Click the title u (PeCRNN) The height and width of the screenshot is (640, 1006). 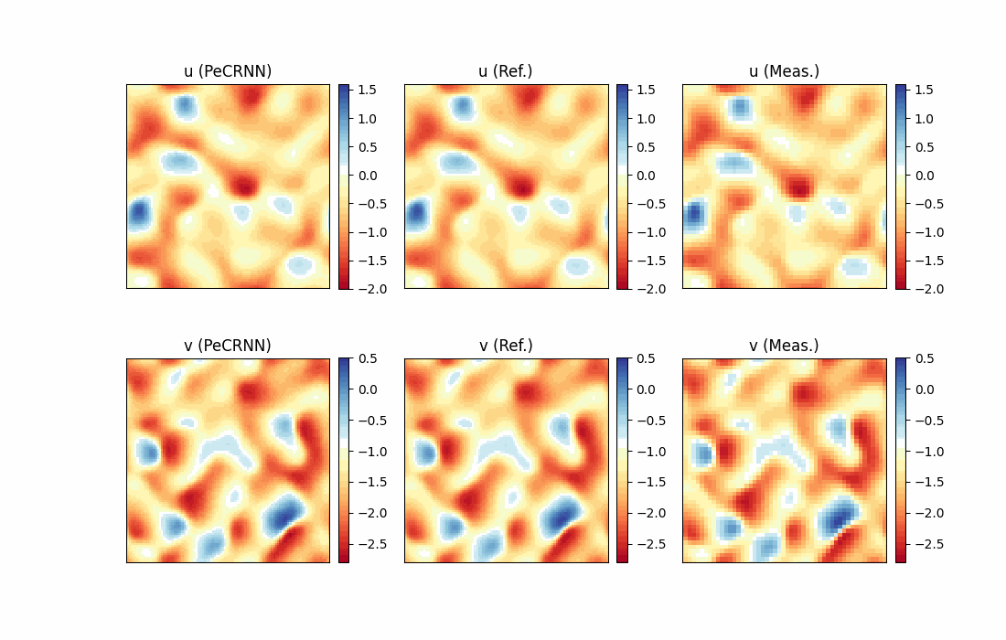point(228,71)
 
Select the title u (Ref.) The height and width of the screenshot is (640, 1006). point(506,71)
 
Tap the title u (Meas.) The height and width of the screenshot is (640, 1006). point(784,71)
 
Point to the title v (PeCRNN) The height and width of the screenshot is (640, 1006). point(228,346)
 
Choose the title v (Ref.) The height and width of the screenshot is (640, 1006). point(506,346)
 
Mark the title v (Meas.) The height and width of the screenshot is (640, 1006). point(784,346)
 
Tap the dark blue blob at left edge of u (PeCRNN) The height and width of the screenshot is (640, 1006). point(138,214)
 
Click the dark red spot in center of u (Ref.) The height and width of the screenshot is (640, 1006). point(521,187)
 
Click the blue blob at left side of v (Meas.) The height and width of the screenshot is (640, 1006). point(702,453)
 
